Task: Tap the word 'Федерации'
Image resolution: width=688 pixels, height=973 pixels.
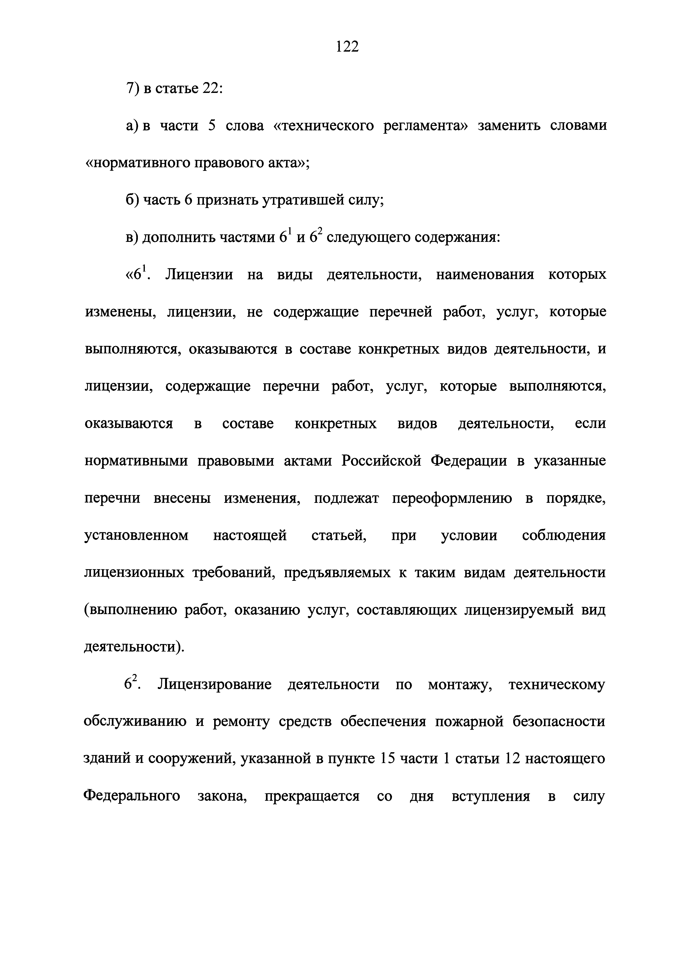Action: pyautogui.click(x=469, y=461)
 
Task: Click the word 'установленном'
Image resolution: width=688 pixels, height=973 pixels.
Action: pyautogui.click(x=136, y=536)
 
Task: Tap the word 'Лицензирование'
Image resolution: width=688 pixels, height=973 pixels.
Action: pyautogui.click(x=214, y=685)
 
